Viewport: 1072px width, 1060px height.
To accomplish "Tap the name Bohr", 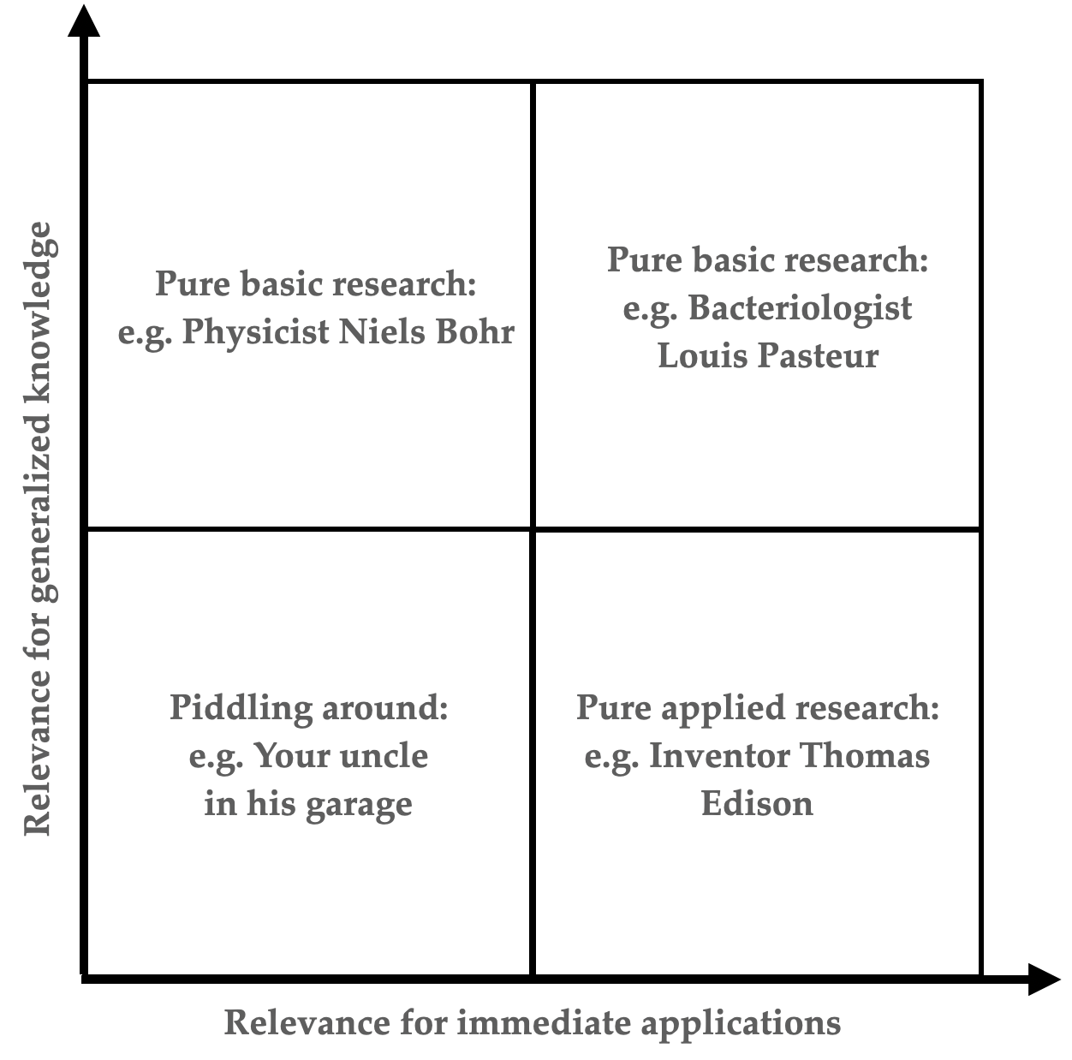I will [475, 331].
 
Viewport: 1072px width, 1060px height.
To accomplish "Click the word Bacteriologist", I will [801, 308].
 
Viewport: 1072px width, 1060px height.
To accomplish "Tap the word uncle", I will [384, 756].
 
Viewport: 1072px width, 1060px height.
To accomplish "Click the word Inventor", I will [719, 756].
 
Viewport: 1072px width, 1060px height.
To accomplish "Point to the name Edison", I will [757, 804].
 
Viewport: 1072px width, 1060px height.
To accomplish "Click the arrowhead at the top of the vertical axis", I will [84, 21].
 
